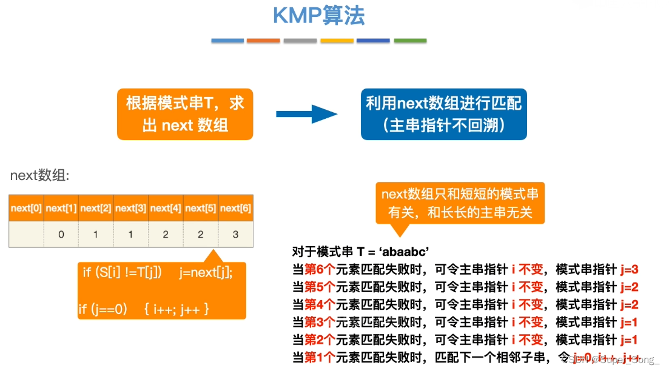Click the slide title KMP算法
click(x=318, y=16)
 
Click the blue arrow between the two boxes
click(x=306, y=114)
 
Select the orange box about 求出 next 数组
click(x=185, y=114)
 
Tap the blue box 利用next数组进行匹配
click(x=444, y=114)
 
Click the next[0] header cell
click(x=26, y=208)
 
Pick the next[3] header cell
click(x=130, y=208)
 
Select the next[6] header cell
click(x=235, y=208)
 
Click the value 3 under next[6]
click(x=235, y=235)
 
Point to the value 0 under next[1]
click(x=61, y=235)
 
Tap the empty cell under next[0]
click(x=26, y=235)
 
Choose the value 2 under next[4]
click(x=166, y=235)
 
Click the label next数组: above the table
click(x=40, y=176)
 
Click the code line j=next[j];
click(x=206, y=273)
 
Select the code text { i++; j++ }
click(x=176, y=310)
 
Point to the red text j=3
click(x=630, y=270)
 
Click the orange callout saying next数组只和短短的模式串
click(x=459, y=203)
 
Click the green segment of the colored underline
click(x=410, y=41)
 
